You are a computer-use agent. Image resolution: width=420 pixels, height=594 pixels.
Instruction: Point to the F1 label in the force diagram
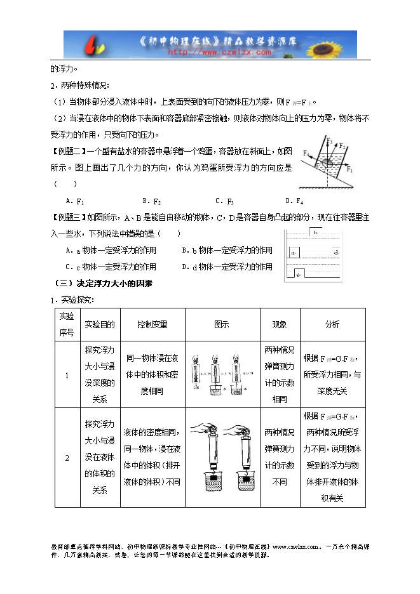(x=351, y=170)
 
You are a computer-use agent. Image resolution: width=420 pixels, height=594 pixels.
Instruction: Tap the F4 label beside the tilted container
(x=307, y=154)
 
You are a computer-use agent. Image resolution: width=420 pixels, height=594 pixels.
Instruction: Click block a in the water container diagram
(x=294, y=253)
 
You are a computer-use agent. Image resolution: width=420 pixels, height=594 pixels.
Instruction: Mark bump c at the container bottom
(x=299, y=274)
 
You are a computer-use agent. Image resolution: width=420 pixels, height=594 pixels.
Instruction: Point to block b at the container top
(x=315, y=233)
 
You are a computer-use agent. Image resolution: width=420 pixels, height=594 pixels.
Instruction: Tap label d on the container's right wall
(x=335, y=253)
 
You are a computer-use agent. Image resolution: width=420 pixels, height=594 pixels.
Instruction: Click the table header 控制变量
(x=152, y=324)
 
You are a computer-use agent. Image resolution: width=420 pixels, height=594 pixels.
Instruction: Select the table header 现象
(x=280, y=324)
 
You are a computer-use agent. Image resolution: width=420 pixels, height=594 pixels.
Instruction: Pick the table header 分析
(x=332, y=324)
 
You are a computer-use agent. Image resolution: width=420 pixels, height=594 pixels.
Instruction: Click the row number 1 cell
(x=67, y=376)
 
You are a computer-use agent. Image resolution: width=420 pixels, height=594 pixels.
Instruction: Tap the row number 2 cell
(x=67, y=458)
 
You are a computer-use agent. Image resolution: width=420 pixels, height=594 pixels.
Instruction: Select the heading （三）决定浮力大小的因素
(x=102, y=283)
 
